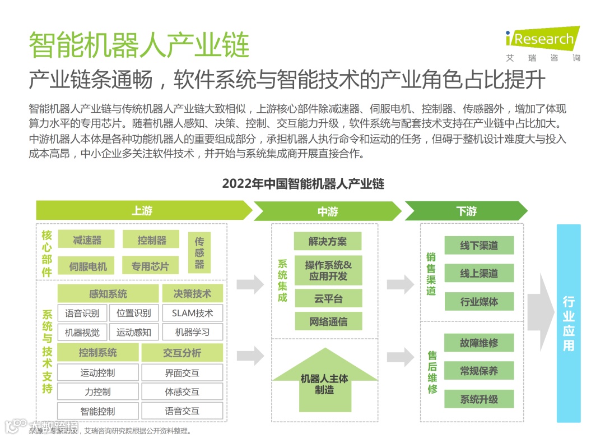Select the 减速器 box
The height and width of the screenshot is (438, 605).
[x=86, y=239]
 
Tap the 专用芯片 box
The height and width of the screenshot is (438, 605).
[x=150, y=266]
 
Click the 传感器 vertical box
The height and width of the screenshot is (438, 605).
[x=199, y=252]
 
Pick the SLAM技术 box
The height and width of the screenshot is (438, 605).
[x=192, y=313]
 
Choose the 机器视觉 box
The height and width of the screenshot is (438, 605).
[x=82, y=332]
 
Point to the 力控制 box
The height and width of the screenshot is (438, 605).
[x=97, y=391]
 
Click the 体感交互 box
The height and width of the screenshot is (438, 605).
[x=182, y=391]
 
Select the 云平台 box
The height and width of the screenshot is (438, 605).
[x=328, y=298]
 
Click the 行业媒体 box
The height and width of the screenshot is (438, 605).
[x=479, y=302]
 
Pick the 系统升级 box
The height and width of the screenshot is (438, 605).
[x=479, y=399]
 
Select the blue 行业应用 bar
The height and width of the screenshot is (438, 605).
[x=568, y=324]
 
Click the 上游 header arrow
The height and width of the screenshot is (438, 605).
[x=143, y=211]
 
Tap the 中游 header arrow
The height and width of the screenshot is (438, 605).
[x=328, y=211]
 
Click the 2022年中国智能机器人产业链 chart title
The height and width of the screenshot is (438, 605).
[x=303, y=184]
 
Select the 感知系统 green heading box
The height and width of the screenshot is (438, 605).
[x=108, y=293]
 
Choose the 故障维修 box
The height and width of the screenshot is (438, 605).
[x=479, y=343]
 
